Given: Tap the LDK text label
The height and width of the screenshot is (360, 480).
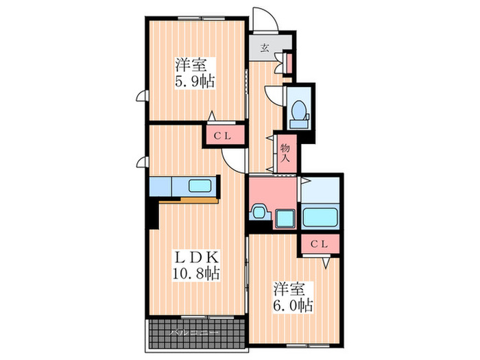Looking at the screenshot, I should tap(195, 258).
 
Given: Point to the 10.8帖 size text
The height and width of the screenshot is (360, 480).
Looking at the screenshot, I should tap(195, 274).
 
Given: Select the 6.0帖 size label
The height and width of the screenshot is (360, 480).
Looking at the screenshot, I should tap(296, 303).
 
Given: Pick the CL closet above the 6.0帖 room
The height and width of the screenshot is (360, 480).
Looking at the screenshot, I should tap(320, 244).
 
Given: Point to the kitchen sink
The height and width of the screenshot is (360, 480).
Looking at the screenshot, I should tap(202, 186).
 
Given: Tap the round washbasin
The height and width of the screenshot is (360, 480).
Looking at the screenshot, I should tap(259, 212).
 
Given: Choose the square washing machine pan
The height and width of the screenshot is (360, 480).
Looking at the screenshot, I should tap(284, 219).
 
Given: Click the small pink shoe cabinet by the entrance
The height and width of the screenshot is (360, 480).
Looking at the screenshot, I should tap(289, 62).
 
